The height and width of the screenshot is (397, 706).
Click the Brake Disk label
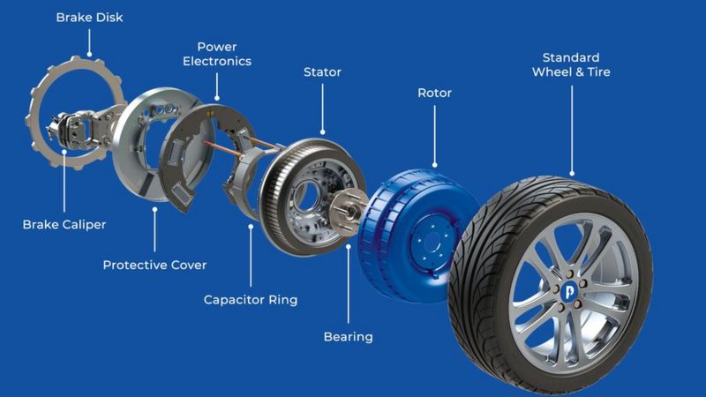(90, 18)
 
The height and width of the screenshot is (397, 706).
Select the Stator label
(322, 71)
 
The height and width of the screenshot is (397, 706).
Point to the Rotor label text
(433, 93)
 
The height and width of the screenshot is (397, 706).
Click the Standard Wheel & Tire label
(570, 64)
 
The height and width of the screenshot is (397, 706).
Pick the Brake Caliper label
(64, 224)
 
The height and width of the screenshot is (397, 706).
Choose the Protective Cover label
(154, 264)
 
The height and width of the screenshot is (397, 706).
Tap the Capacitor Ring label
(251, 299)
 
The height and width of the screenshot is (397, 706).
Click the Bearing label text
(348, 336)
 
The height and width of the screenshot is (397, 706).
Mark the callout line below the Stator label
(322, 110)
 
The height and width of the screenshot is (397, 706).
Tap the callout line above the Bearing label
(348, 282)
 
